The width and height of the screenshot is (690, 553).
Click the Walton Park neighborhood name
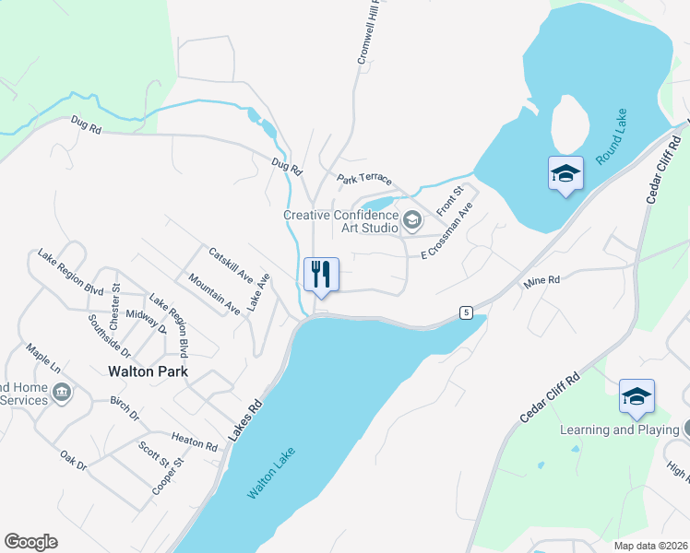click(148, 372)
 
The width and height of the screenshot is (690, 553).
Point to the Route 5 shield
click(468, 312)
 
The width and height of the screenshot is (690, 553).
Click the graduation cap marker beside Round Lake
click(565, 172)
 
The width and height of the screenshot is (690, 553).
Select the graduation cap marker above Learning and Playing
click(636, 396)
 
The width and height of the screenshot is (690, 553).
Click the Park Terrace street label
click(364, 179)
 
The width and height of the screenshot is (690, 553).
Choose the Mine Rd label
click(541, 279)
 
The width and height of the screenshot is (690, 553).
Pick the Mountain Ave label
click(213, 294)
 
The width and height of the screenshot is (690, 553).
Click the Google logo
click(30, 542)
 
